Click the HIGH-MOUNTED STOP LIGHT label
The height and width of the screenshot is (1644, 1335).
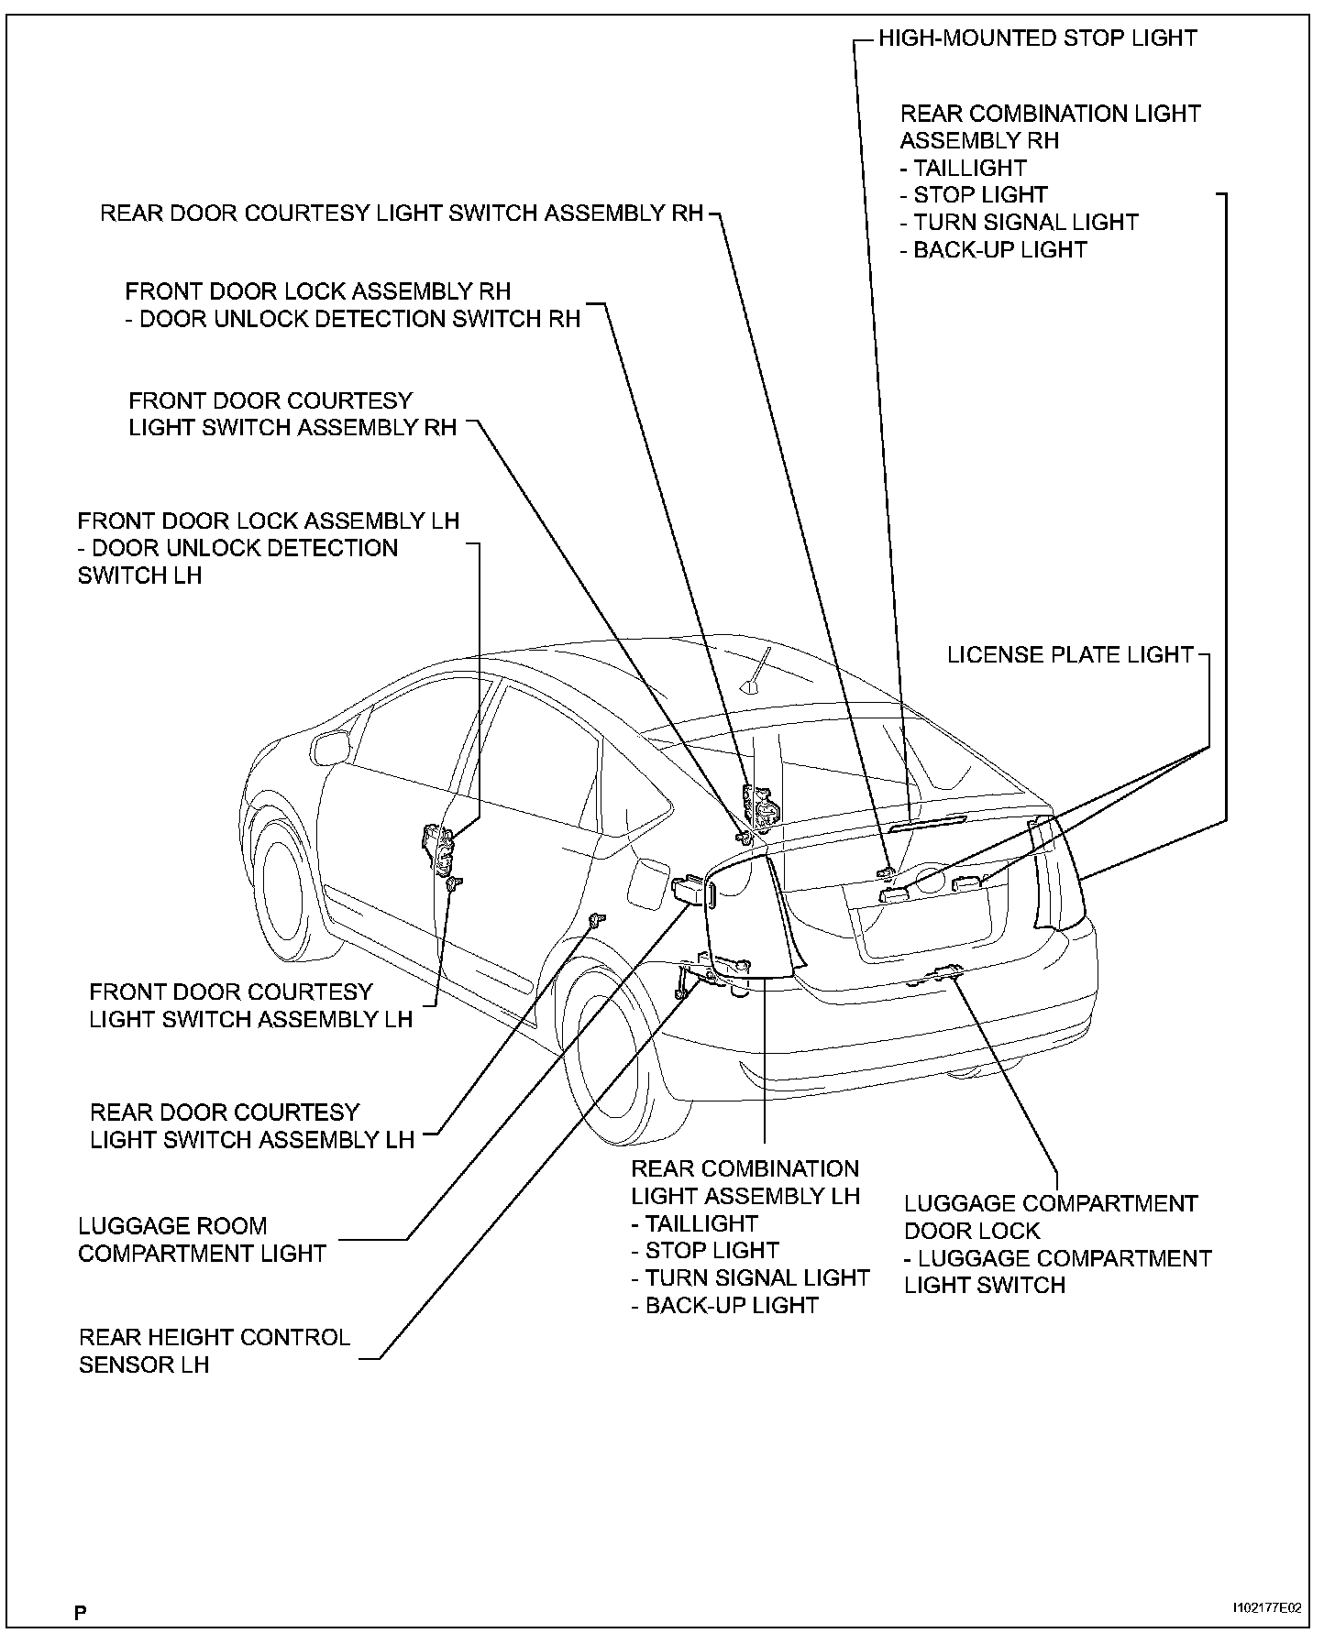pos(1037,38)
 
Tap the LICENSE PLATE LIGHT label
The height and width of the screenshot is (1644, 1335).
pos(1070,655)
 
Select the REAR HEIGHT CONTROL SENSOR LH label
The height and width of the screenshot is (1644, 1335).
pos(215,1351)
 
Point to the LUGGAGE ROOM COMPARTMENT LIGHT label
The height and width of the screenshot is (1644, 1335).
pos(202,1240)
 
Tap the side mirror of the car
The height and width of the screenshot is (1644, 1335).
pos(329,747)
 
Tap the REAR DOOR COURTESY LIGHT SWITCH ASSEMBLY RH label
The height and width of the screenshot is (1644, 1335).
pos(402,214)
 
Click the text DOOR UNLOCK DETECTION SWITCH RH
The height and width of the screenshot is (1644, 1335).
pos(359,319)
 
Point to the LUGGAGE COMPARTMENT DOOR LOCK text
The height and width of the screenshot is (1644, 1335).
pos(1051,1217)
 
